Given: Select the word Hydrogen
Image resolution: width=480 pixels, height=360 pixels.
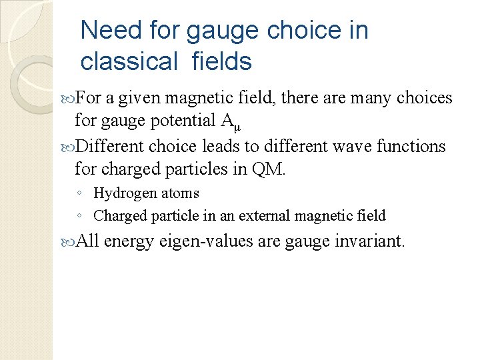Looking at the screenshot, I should (x=122, y=194).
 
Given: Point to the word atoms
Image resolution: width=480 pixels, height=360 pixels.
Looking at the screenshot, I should (x=181, y=194).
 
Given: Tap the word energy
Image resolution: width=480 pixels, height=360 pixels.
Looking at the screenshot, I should (x=130, y=241).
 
